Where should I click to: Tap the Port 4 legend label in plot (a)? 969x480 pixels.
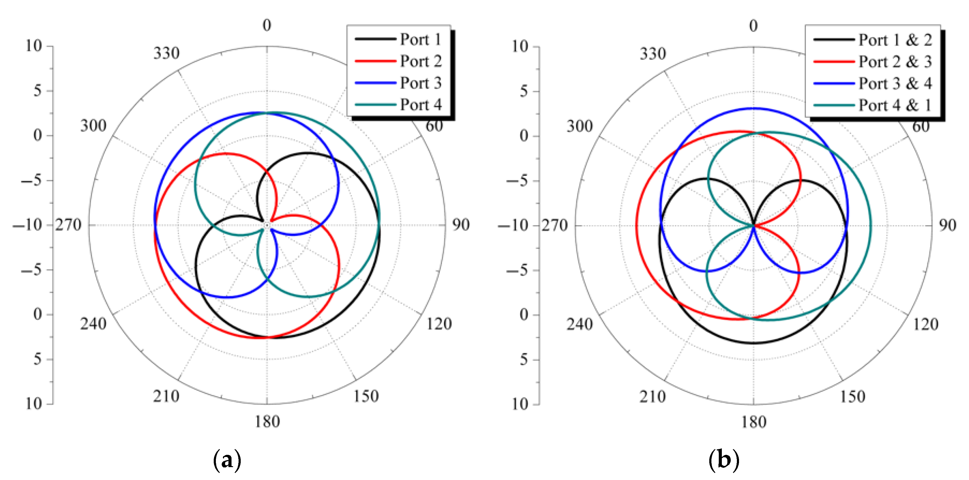click(420, 105)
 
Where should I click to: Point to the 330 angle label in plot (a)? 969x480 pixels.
click(166, 53)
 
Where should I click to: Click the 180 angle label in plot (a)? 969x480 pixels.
click(267, 422)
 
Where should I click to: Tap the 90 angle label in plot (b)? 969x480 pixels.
click(947, 225)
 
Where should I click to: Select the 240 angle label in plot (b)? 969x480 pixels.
click(579, 324)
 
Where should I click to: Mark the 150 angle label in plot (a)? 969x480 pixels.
click(366, 396)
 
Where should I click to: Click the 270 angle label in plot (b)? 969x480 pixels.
click(554, 225)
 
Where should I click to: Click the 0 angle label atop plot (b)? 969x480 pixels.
click(753, 25)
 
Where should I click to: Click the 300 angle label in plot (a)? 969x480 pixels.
click(93, 125)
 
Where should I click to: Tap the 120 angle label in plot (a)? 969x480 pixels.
click(439, 324)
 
